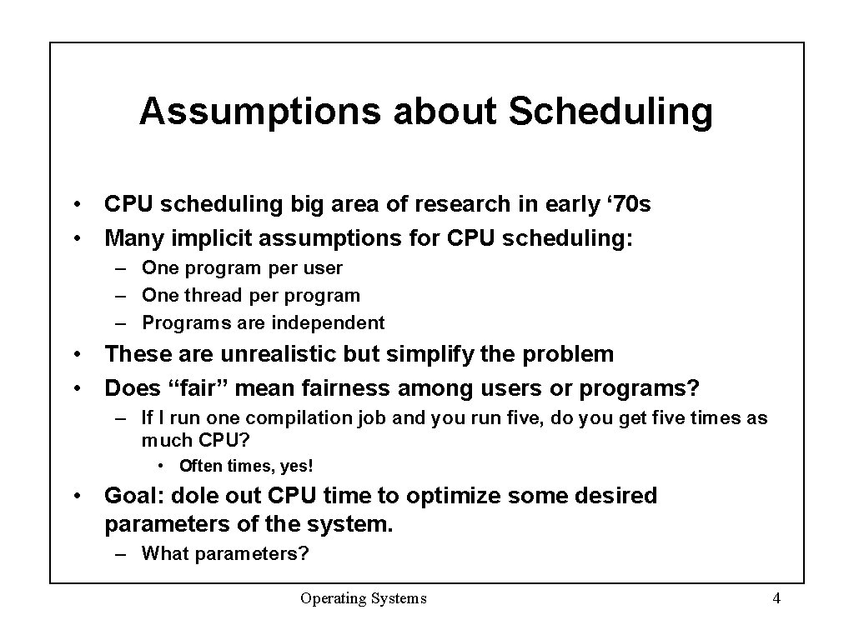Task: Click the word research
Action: pos(457,204)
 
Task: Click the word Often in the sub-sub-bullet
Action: pos(200,466)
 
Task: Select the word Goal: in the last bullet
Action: pos(133,496)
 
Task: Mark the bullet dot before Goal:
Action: pos(77,496)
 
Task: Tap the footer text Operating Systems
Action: pos(364,598)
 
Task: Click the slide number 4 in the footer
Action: pos(776,598)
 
